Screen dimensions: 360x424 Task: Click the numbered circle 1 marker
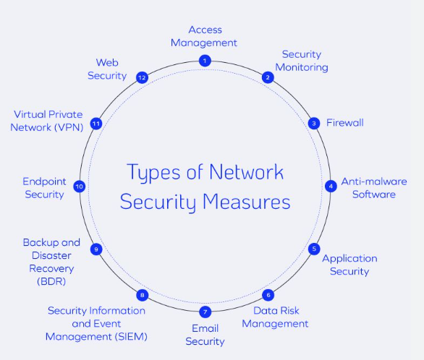point(205,61)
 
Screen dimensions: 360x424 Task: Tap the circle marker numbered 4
point(331,186)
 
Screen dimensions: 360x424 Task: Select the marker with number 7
point(205,312)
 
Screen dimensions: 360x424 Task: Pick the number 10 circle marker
point(80,187)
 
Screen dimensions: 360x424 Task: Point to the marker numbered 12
point(142,77)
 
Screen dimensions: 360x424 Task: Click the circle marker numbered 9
point(96,249)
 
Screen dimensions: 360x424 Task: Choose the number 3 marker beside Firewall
point(314,123)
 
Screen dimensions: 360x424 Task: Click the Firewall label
point(345,123)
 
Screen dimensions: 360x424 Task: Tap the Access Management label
point(205,36)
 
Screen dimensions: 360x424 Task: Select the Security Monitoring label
point(305,61)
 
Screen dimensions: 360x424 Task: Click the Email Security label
point(205,335)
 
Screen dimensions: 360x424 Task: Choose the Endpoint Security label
point(43,188)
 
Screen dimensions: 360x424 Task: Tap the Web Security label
point(107,69)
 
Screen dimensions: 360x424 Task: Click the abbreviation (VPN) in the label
point(69,127)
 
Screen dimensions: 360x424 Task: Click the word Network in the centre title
point(245,172)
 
